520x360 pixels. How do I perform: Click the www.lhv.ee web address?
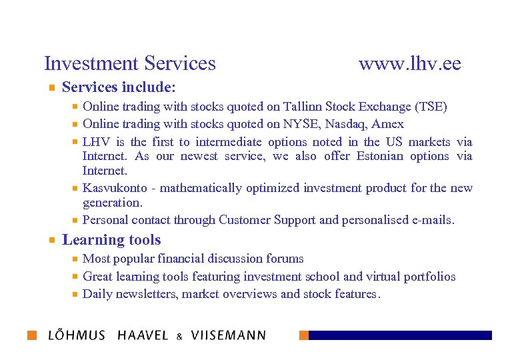[409, 64]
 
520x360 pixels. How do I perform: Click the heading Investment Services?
[130, 64]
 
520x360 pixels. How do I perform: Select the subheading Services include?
[119, 87]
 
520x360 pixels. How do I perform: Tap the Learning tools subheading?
[111, 240]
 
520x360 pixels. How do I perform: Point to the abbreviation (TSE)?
[431, 107]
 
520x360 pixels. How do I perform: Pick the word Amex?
[387, 124]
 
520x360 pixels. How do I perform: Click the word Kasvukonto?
[115, 188]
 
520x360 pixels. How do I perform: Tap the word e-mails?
[433, 220]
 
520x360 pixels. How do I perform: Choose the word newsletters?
[144, 294]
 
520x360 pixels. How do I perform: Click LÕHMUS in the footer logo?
[77, 335]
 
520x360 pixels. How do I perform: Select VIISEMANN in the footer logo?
[228, 335]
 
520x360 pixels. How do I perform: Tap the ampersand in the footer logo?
[179, 337]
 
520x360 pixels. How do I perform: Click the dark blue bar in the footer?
[400, 335]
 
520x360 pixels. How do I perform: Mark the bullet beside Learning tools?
[51, 240]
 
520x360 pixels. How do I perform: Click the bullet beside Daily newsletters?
[75, 294]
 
